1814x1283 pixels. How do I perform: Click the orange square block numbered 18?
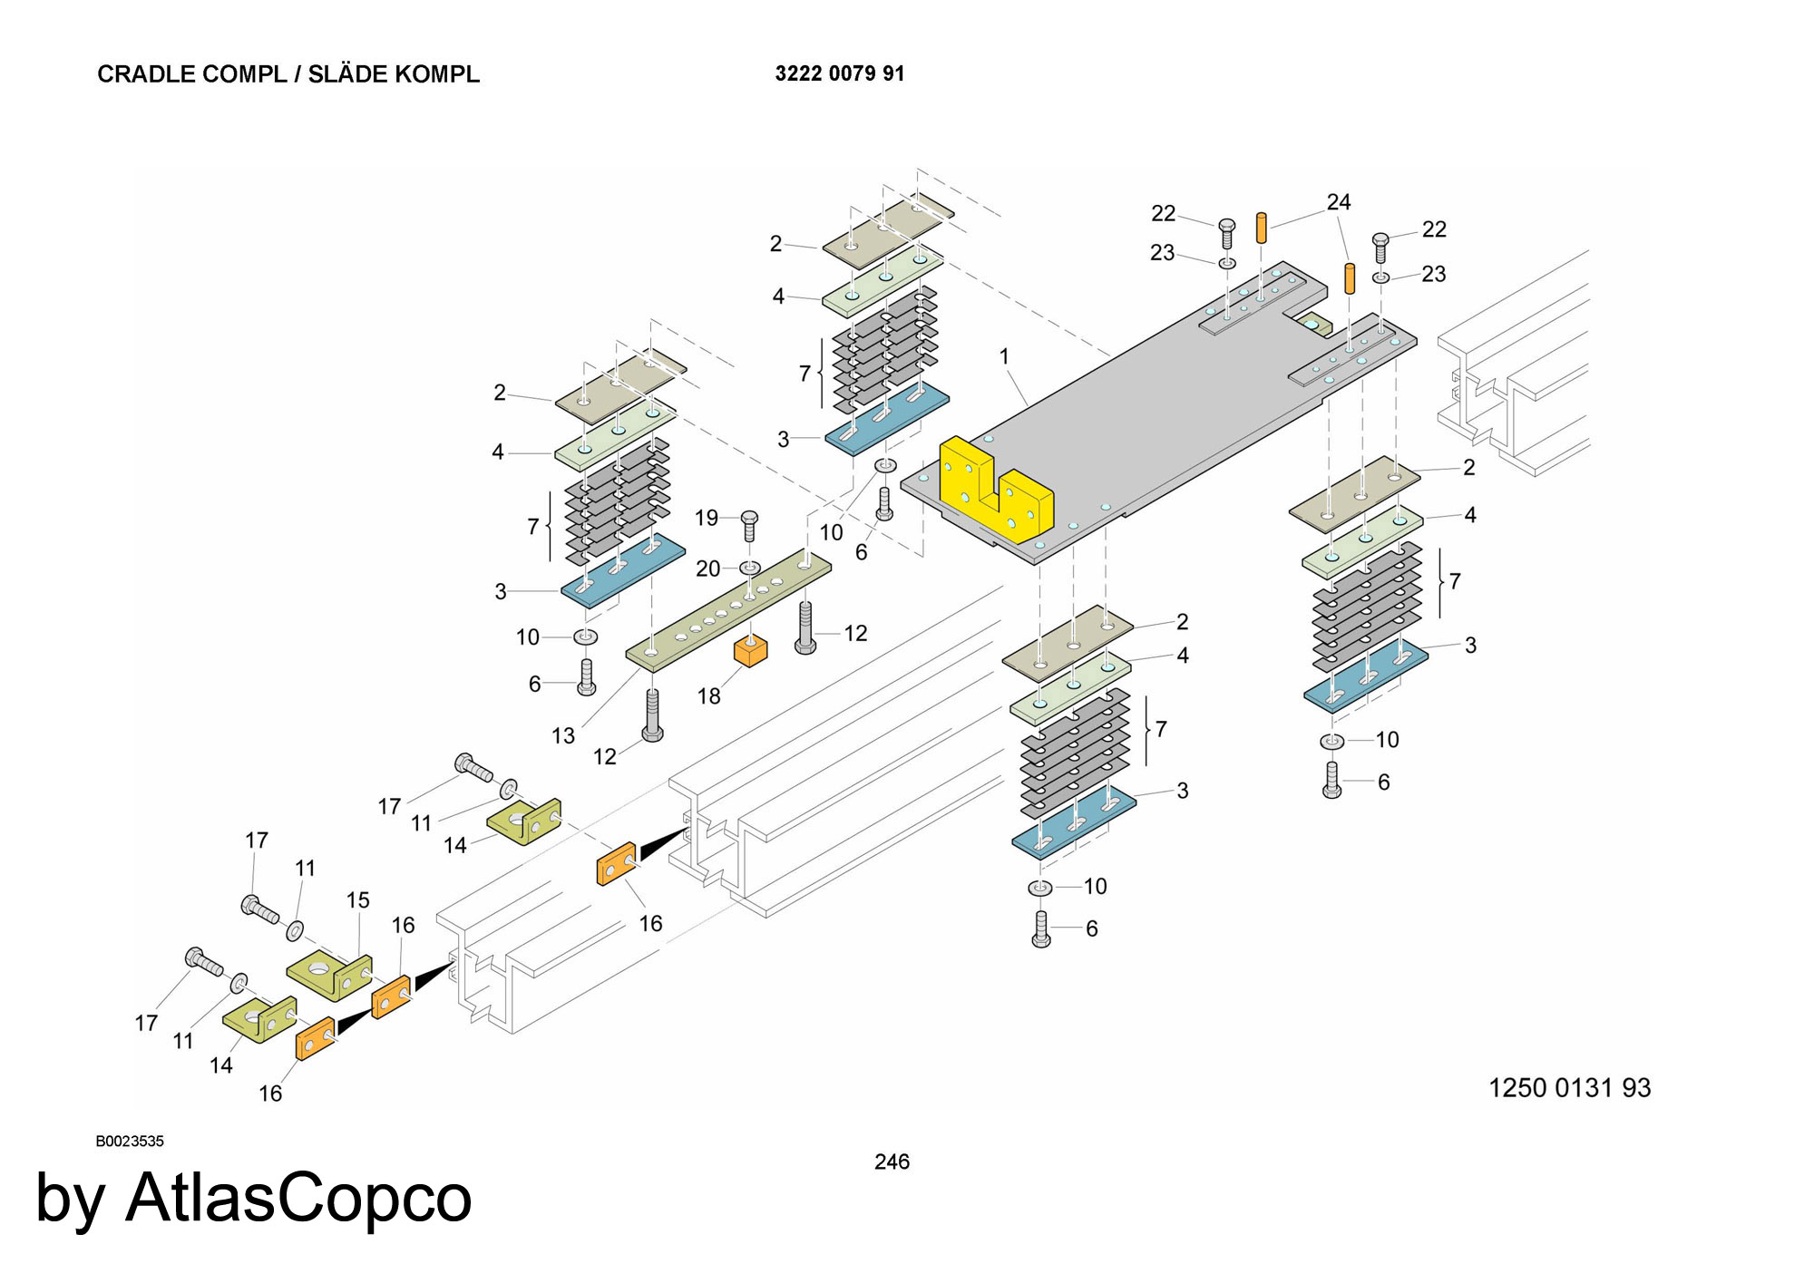[x=750, y=650]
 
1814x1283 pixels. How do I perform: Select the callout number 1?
[x=1004, y=356]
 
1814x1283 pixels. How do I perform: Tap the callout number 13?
[x=563, y=735]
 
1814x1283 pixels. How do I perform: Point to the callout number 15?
[x=357, y=899]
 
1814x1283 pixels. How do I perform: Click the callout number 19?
[x=707, y=518]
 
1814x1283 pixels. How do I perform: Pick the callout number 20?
[x=707, y=569]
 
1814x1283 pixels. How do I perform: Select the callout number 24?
[x=1339, y=202]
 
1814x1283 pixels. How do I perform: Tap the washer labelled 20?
[x=750, y=568]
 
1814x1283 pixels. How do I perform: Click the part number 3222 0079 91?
[x=839, y=73]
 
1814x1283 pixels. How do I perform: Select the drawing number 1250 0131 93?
[x=1569, y=1087]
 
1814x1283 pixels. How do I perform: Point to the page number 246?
[x=892, y=1162]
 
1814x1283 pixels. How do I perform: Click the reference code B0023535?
[x=130, y=1141]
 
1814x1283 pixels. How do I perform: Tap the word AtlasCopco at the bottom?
[x=298, y=1198]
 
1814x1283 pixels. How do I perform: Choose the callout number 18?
[x=708, y=695]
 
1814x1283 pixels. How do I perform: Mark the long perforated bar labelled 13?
[x=728, y=610]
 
